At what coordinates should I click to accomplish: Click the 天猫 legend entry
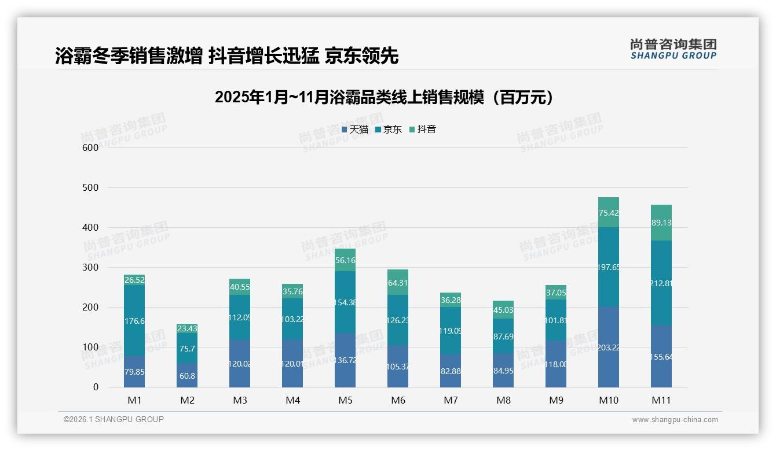click(x=355, y=130)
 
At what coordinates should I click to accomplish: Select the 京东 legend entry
click(x=389, y=130)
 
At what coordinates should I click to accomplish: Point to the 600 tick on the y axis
click(x=90, y=147)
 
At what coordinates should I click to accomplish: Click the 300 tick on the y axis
click(x=90, y=268)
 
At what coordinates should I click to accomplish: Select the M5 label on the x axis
click(x=345, y=400)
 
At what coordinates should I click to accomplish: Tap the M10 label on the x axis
click(x=608, y=400)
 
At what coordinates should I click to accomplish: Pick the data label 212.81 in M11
click(x=661, y=283)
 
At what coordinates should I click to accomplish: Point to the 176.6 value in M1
click(x=134, y=321)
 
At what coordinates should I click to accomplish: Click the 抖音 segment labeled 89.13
click(x=661, y=223)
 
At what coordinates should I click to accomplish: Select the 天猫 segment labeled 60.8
click(x=187, y=375)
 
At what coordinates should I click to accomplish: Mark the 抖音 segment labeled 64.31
click(x=398, y=283)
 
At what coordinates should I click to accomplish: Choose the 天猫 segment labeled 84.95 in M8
click(x=503, y=371)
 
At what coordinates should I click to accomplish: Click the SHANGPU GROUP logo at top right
click(x=673, y=49)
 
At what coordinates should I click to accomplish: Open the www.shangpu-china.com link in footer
click(x=675, y=420)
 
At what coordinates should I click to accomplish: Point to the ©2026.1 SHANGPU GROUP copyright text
click(x=114, y=419)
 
